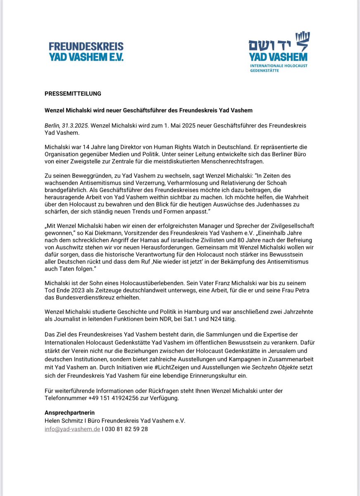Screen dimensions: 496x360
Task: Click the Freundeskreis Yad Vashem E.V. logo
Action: click(x=86, y=52)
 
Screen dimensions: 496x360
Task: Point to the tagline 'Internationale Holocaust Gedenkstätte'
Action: click(x=279, y=68)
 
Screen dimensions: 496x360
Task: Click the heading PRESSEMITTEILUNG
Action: click(x=73, y=94)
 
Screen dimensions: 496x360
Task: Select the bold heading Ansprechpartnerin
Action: click(x=69, y=413)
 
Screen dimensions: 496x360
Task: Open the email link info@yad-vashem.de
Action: click(x=72, y=429)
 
